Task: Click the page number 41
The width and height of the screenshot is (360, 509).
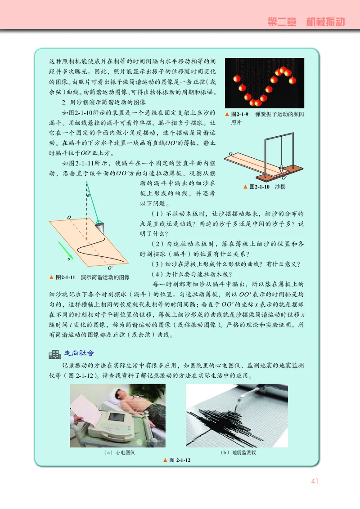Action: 315,481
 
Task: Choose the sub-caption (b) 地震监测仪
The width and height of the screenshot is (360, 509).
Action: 237,452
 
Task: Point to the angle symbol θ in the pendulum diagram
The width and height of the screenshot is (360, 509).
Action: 88,196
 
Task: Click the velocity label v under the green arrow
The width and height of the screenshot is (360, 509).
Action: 68,259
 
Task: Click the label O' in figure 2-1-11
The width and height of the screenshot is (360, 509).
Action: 110,267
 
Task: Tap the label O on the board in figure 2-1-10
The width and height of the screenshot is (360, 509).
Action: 230,153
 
